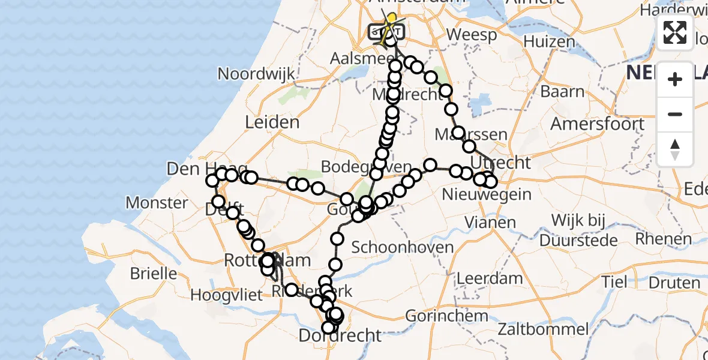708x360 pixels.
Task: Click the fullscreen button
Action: tap(675, 32)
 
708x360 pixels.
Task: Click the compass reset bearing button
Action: tap(675, 149)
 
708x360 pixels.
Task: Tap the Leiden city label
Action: tap(272, 122)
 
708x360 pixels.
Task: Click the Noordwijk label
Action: tap(256, 74)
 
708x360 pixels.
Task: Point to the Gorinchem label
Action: tap(446, 316)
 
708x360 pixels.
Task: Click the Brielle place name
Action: tap(154, 274)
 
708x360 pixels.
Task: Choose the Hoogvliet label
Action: tap(227, 295)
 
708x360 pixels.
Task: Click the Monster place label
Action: tap(157, 202)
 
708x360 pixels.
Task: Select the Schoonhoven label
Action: tap(402, 247)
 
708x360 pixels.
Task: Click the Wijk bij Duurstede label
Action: tap(578, 230)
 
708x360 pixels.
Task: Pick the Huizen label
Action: tap(549, 41)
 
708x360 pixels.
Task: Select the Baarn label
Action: tap(562, 91)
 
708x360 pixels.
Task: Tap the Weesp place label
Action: tap(472, 35)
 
